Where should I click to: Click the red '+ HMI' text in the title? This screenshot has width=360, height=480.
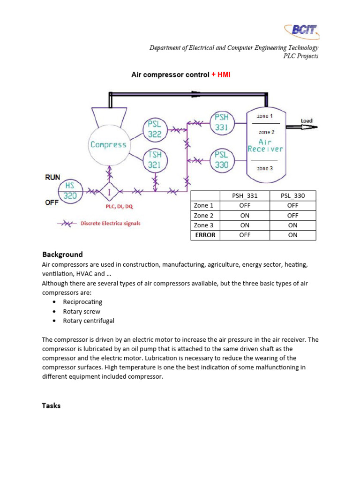pos(221,75)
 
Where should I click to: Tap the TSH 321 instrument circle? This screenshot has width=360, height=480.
pos(155,160)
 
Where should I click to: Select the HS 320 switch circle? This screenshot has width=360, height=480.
pos(70,191)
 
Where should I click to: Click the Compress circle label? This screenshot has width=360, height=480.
pos(108,145)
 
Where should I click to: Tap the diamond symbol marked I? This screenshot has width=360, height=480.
pos(109,191)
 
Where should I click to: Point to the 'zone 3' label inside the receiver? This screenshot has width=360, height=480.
pos(265,168)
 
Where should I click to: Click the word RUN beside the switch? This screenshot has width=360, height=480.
pos(52,177)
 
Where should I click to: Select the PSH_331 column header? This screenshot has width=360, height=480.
pos(245,195)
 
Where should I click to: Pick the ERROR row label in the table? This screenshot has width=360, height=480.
pos(205,235)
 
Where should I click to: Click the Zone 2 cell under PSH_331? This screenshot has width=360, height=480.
pos(245,216)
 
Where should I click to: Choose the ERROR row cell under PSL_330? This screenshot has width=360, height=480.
pos(292,235)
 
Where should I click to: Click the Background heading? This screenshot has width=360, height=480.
pos(62,255)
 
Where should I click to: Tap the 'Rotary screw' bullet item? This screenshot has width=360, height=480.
pos(82,311)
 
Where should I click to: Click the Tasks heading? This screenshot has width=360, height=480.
pos(51,405)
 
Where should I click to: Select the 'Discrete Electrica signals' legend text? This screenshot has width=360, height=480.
pos(110,224)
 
